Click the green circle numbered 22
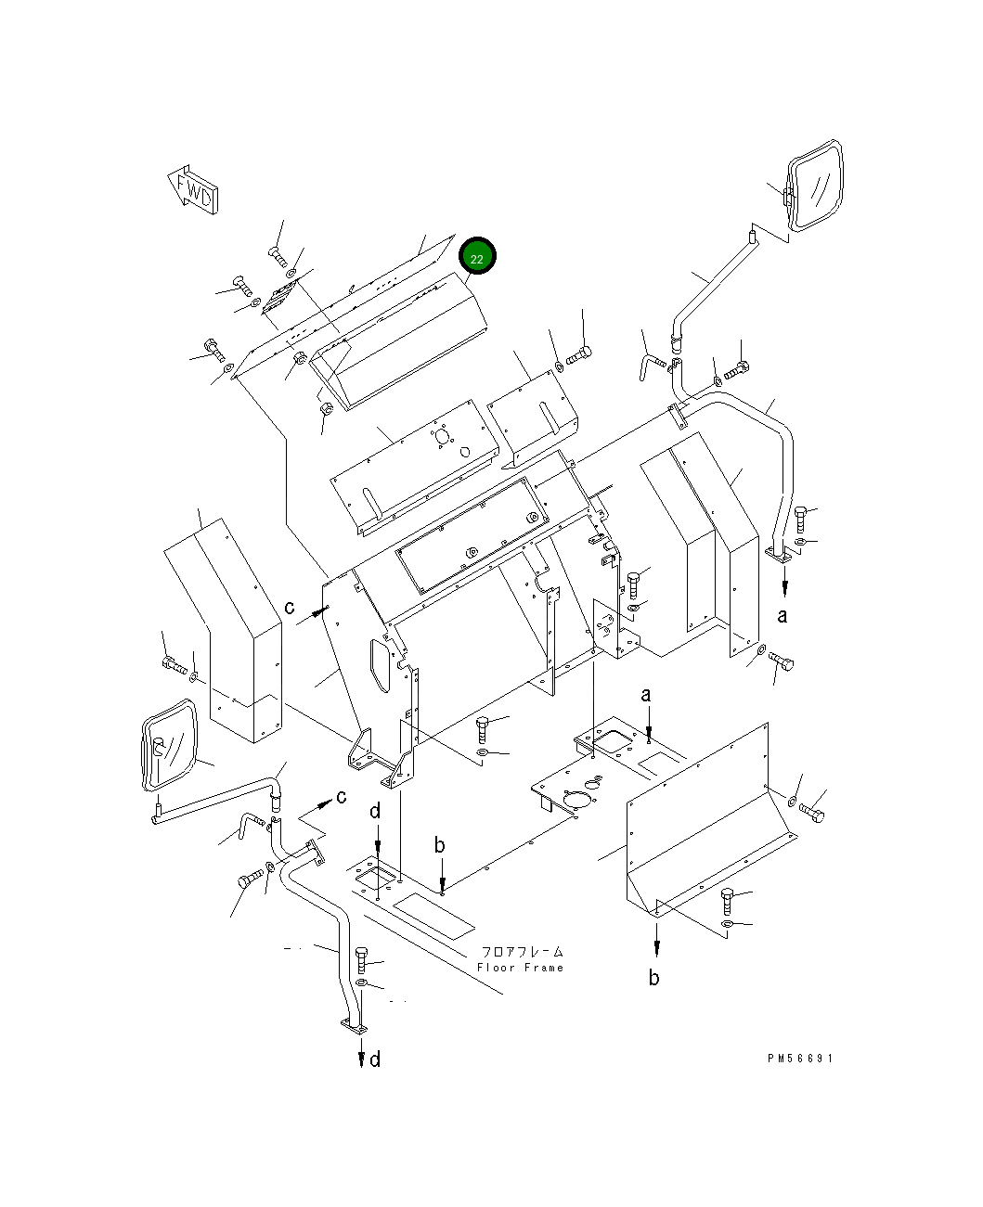[x=477, y=255]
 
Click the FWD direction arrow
[x=193, y=189]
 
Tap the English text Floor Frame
[x=520, y=968]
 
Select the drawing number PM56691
[x=800, y=1058]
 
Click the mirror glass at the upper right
[x=815, y=186]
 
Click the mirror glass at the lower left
[x=170, y=745]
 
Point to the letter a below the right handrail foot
[x=783, y=616]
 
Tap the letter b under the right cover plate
[x=653, y=977]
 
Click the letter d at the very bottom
[x=375, y=1059]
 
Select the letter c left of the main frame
[x=289, y=608]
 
